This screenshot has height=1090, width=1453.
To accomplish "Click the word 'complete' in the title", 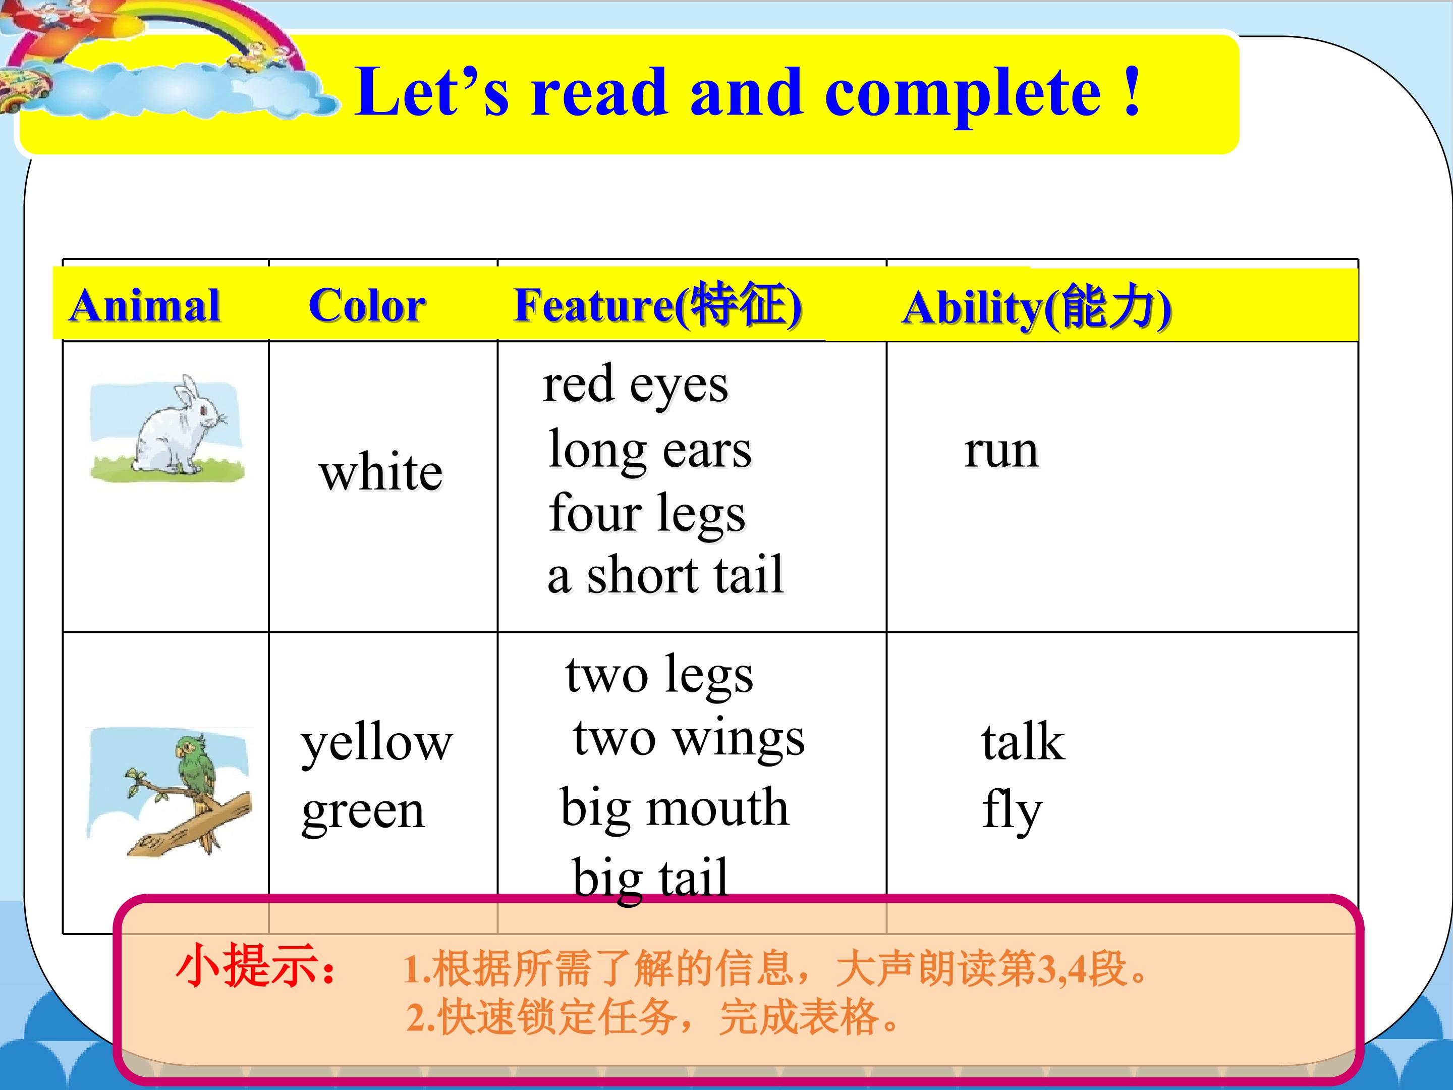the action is [x=962, y=94].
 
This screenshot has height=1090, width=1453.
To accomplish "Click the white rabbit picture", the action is [x=167, y=428].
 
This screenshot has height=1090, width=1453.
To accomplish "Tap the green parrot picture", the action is [x=169, y=792].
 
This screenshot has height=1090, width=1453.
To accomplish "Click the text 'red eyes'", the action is [x=635, y=385].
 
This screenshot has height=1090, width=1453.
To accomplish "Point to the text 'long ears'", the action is [x=650, y=451].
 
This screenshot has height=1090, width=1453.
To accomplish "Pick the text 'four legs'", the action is [x=647, y=514].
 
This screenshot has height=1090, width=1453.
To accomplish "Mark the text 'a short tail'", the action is [x=665, y=575].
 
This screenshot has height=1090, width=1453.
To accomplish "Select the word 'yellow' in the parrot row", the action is [x=376, y=744].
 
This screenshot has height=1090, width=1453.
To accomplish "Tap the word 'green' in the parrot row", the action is [x=363, y=813].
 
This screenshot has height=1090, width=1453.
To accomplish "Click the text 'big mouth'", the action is [x=674, y=809].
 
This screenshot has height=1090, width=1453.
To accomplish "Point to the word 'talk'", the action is [x=1023, y=742].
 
